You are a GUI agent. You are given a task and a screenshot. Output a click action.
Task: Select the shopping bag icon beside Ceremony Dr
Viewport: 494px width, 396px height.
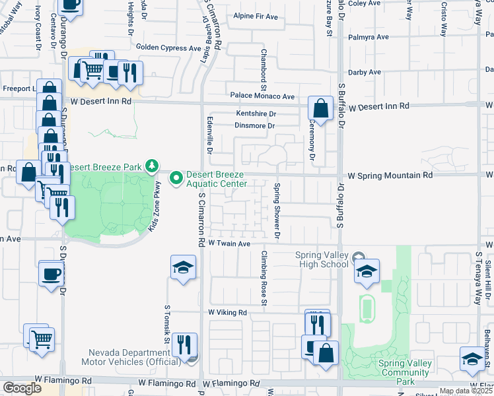320,109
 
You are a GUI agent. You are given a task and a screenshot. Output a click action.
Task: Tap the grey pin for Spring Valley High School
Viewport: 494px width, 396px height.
358,256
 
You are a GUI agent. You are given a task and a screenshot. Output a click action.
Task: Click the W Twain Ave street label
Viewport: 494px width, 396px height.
229,244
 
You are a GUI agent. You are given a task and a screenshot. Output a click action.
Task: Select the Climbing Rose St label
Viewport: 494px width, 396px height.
263,279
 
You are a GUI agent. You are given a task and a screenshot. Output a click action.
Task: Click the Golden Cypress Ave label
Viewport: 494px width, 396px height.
168,48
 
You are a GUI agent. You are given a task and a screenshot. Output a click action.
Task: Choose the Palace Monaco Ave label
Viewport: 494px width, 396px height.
262,96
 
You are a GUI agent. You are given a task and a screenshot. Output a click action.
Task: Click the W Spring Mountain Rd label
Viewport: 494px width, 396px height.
390,176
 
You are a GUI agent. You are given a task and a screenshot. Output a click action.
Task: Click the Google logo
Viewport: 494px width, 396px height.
22,388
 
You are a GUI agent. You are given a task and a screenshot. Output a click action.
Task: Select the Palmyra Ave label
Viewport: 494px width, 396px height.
367,38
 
